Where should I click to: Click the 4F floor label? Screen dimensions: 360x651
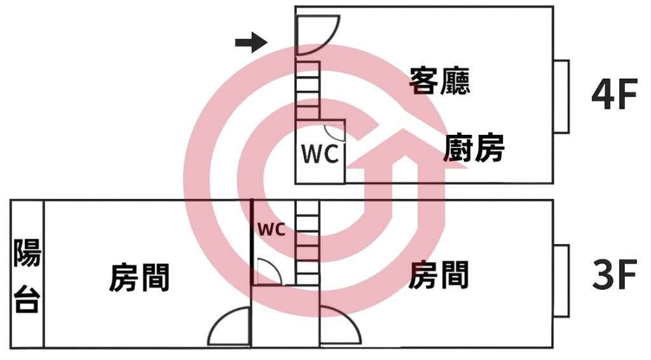click(x=613, y=96)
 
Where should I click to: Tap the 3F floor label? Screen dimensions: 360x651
click(x=613, y=276)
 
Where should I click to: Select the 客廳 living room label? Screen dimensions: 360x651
click(x=440, y=81)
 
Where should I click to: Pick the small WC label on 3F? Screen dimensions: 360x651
click(x=271, y=229)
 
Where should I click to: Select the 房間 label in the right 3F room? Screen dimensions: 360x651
click(x=439, y=275)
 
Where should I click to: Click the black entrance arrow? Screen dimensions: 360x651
click(x=250, y=43)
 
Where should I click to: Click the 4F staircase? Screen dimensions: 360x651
click(x=308, y=90)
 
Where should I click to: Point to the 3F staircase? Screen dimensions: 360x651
click(x=307, y=242)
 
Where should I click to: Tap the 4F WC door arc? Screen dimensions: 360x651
click(x=335, y=132)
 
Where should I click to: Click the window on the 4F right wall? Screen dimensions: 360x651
click(x=561, y=97)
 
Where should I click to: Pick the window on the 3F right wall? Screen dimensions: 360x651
click(x=561, y=280)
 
